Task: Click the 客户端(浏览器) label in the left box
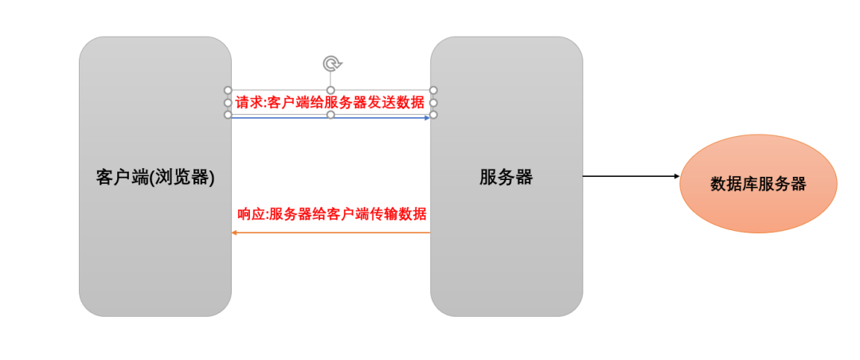click(x=155, y=177)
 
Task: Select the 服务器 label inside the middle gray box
click(x=506, y=177)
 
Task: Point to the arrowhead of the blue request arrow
click(x=427, y=116)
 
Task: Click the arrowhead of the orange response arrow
click(x=235, y=233)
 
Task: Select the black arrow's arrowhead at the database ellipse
click(x=674, y=176)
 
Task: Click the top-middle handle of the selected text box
click(x=331, y=90)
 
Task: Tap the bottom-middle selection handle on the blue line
click(x=331, y=115)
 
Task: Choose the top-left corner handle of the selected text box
click(x=228, y=90)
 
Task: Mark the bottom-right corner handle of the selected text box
click(x=434, y=115)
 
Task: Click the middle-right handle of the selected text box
click(x=434, y=103)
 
